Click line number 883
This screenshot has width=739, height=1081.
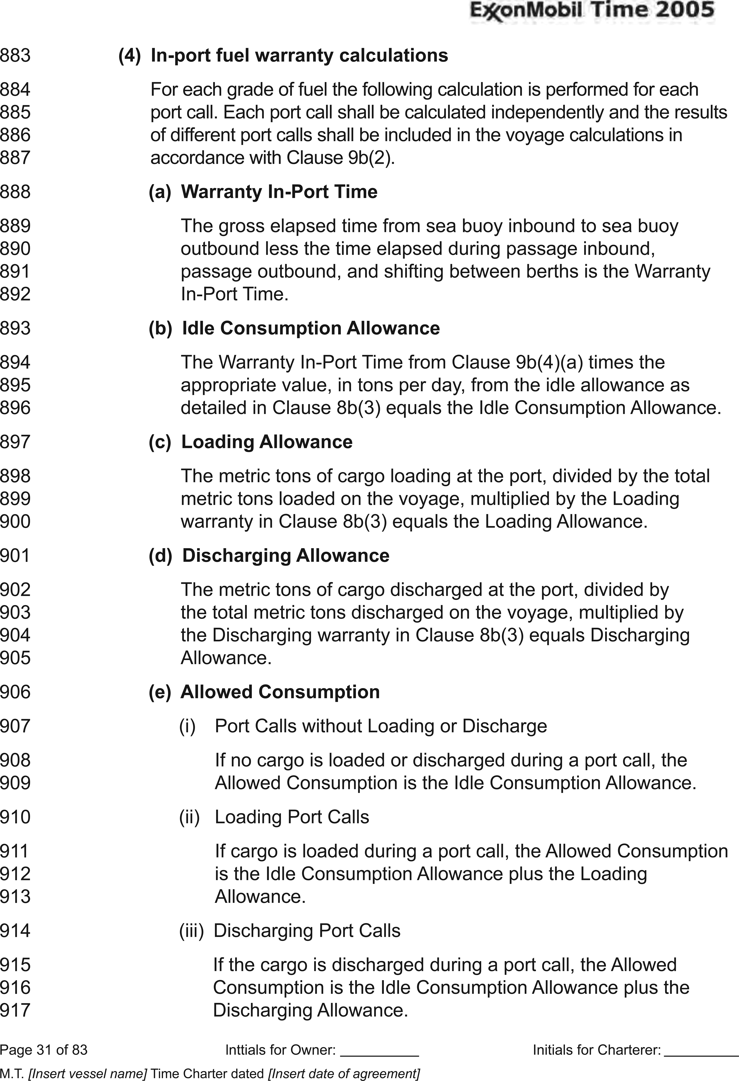tap(15, 55)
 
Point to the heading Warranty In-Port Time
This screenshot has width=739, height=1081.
tap(279, 192)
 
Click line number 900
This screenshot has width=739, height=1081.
tap(15, 521)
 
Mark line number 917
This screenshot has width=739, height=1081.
tap(15, 1010)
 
